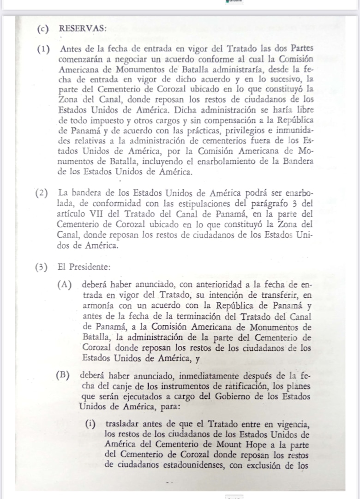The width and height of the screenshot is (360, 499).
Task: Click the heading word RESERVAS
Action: click(83, 28)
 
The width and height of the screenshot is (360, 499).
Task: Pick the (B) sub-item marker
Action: click(63, 374)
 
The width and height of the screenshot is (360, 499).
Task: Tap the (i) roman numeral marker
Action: click(94, 424)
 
